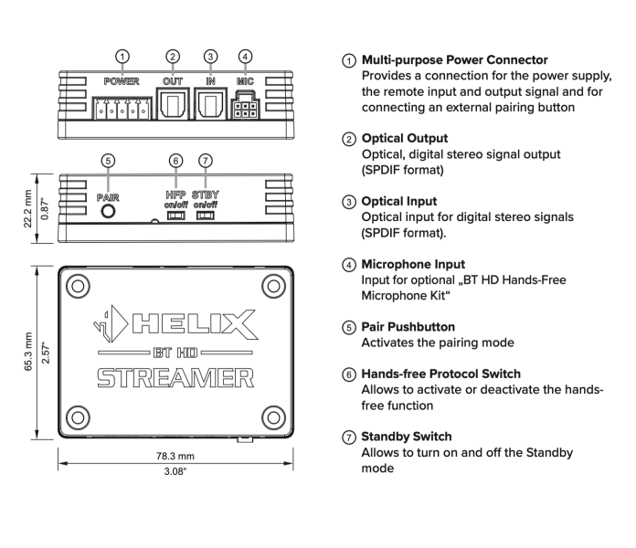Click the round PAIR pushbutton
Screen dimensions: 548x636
coord(109,211)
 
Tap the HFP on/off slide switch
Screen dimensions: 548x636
coord(175,217)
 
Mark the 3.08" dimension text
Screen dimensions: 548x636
coord(175,473)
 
